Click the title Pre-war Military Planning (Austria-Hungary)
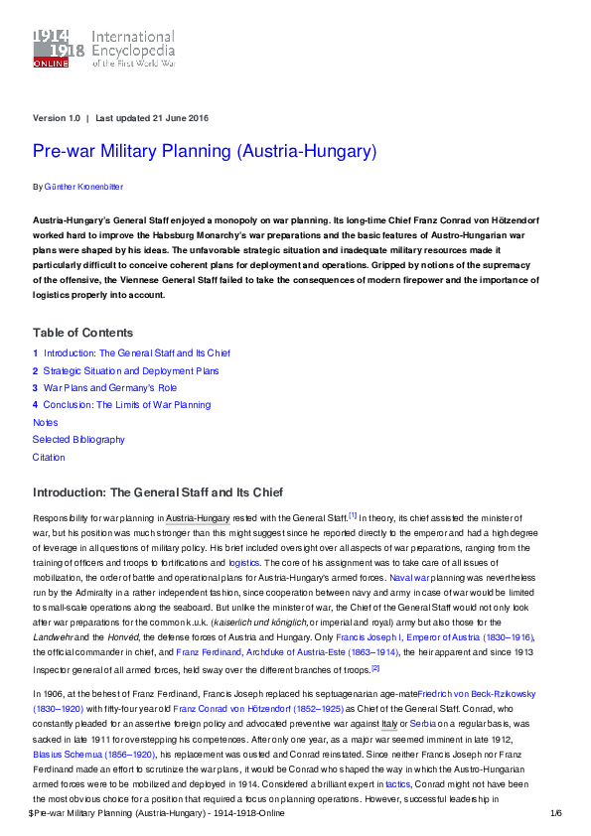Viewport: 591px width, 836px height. pos(205,152)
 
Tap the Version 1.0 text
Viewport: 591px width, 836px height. pos(57,118)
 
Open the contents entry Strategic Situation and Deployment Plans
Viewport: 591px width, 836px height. pos(131,370)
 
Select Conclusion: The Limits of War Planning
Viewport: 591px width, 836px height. pos(127,405)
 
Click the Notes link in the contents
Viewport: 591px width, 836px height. pos(46,422)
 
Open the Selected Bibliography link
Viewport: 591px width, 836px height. pos(78,440)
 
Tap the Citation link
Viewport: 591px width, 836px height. pos(49,458)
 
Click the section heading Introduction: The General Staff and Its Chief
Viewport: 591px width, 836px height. pos(158,492)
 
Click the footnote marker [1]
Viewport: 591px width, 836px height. pos(352,515)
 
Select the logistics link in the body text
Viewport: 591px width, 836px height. pos(244,561)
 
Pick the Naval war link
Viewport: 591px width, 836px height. pos(408,576)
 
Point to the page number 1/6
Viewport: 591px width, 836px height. pos(555,813)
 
